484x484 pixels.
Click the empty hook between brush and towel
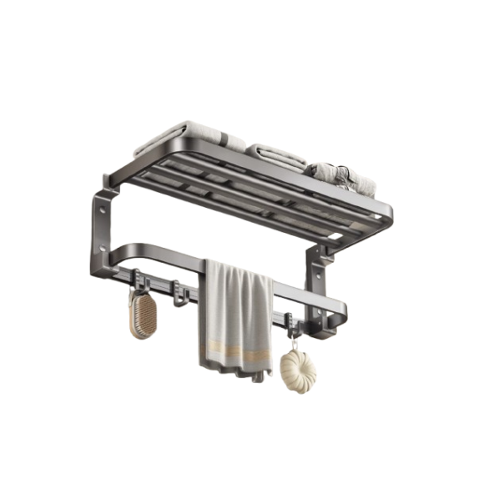click(179, 291)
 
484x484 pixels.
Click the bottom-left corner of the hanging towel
click(204, 363)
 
